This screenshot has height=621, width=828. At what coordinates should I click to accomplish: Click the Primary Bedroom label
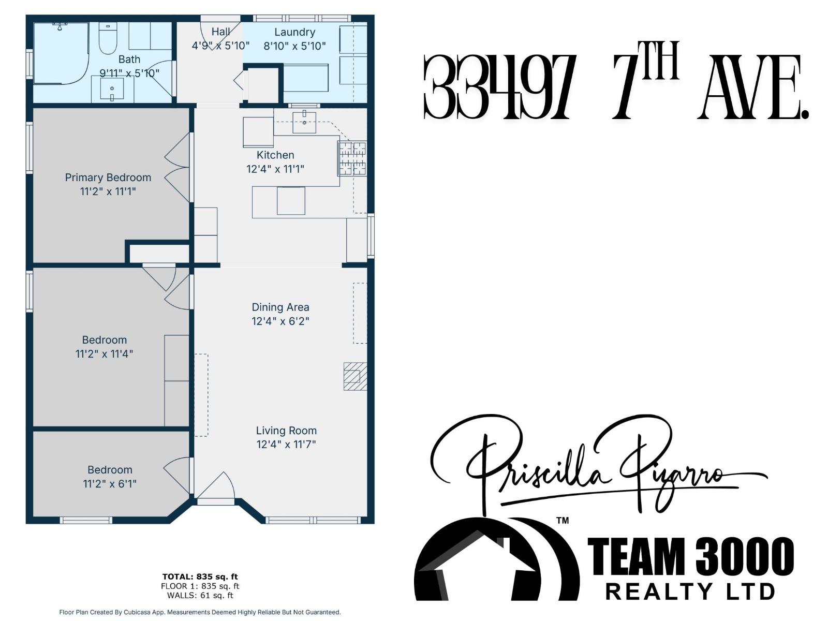[x=108, y=178]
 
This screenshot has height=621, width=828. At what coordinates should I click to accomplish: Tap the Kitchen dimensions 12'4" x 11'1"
[x=275, y=169]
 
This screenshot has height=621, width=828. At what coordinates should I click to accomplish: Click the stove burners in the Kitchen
[x=352, y=158]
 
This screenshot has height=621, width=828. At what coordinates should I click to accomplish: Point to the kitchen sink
[x=304, y=123]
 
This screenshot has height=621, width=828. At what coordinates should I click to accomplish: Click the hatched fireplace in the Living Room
[x=355, y=376]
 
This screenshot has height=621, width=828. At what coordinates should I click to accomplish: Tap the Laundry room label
[x=294, y=32]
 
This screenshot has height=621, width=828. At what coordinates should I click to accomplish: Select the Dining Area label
[x=280, y=307]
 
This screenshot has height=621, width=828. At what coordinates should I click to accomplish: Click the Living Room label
[x=286, y=431]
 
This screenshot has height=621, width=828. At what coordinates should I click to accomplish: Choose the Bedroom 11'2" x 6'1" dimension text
[x=110, y=484]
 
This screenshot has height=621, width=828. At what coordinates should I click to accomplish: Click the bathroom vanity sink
[x=112, y=89]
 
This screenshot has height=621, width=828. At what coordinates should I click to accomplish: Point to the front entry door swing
[x=216, y=486]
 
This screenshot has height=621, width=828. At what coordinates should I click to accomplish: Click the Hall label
[x=220, y=32]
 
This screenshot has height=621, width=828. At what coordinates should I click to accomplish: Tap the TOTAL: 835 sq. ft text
[x=200, y=576]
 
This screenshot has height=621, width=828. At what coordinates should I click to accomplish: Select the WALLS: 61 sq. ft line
[x=200, y=596]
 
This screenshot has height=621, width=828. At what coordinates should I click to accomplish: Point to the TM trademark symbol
[x=562, y=520]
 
